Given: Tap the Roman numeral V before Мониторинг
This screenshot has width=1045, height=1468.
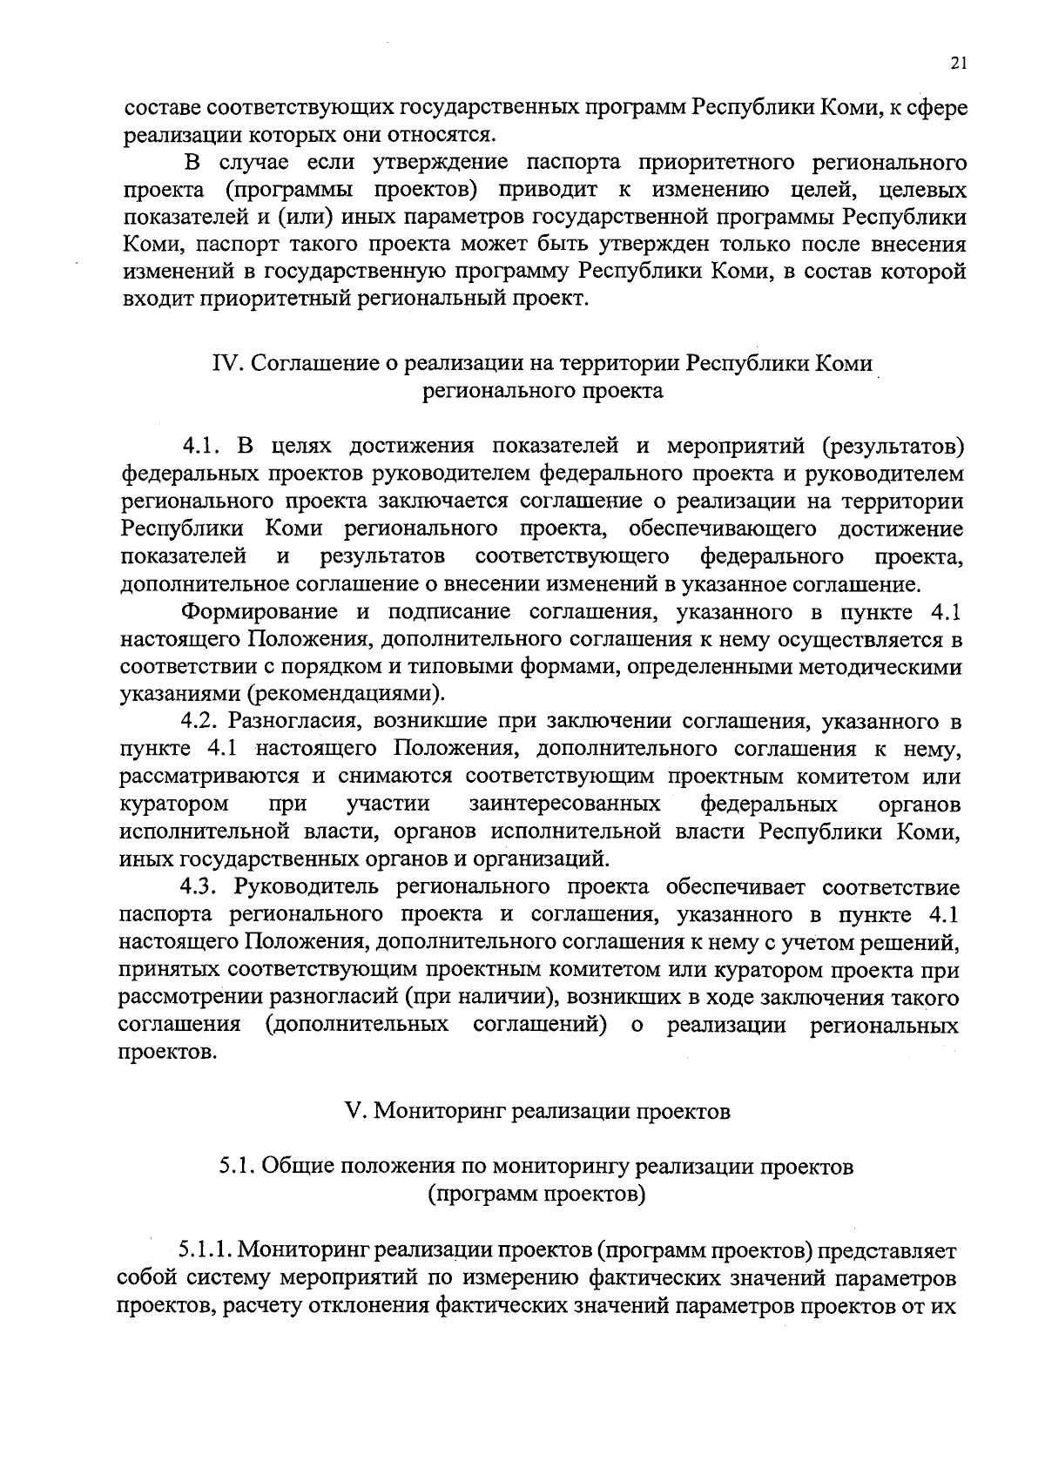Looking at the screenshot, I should [x=354, y=1112].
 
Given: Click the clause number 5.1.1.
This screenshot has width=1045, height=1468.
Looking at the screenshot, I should [x=204, y=1251].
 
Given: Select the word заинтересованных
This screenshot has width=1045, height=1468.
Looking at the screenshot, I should [x=564, y=803].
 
